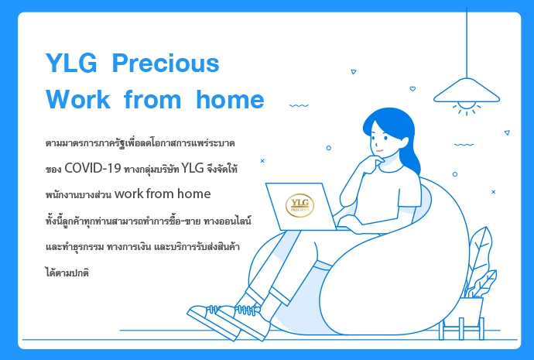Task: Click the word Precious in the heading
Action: pos(166,63)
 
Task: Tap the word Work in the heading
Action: pos(78,99)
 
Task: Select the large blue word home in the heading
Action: pos(230,99)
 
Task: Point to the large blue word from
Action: pos(152,99)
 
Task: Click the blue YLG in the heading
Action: pos(71,63)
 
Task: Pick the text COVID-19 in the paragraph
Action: pos(93,168)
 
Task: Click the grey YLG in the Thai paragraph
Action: pos(193,168)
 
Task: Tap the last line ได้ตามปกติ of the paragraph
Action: pos(67,272)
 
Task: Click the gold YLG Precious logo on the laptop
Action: pos(300,205)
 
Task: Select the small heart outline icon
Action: pos(412,89)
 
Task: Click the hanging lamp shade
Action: pos(467,91)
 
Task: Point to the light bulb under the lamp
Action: pos(467,105)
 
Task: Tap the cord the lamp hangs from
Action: pos(467,43)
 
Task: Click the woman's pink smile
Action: pos(379,150)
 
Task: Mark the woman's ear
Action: pos(404,142)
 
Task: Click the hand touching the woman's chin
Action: pos(374,163)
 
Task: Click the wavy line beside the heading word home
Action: pos(299,105)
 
